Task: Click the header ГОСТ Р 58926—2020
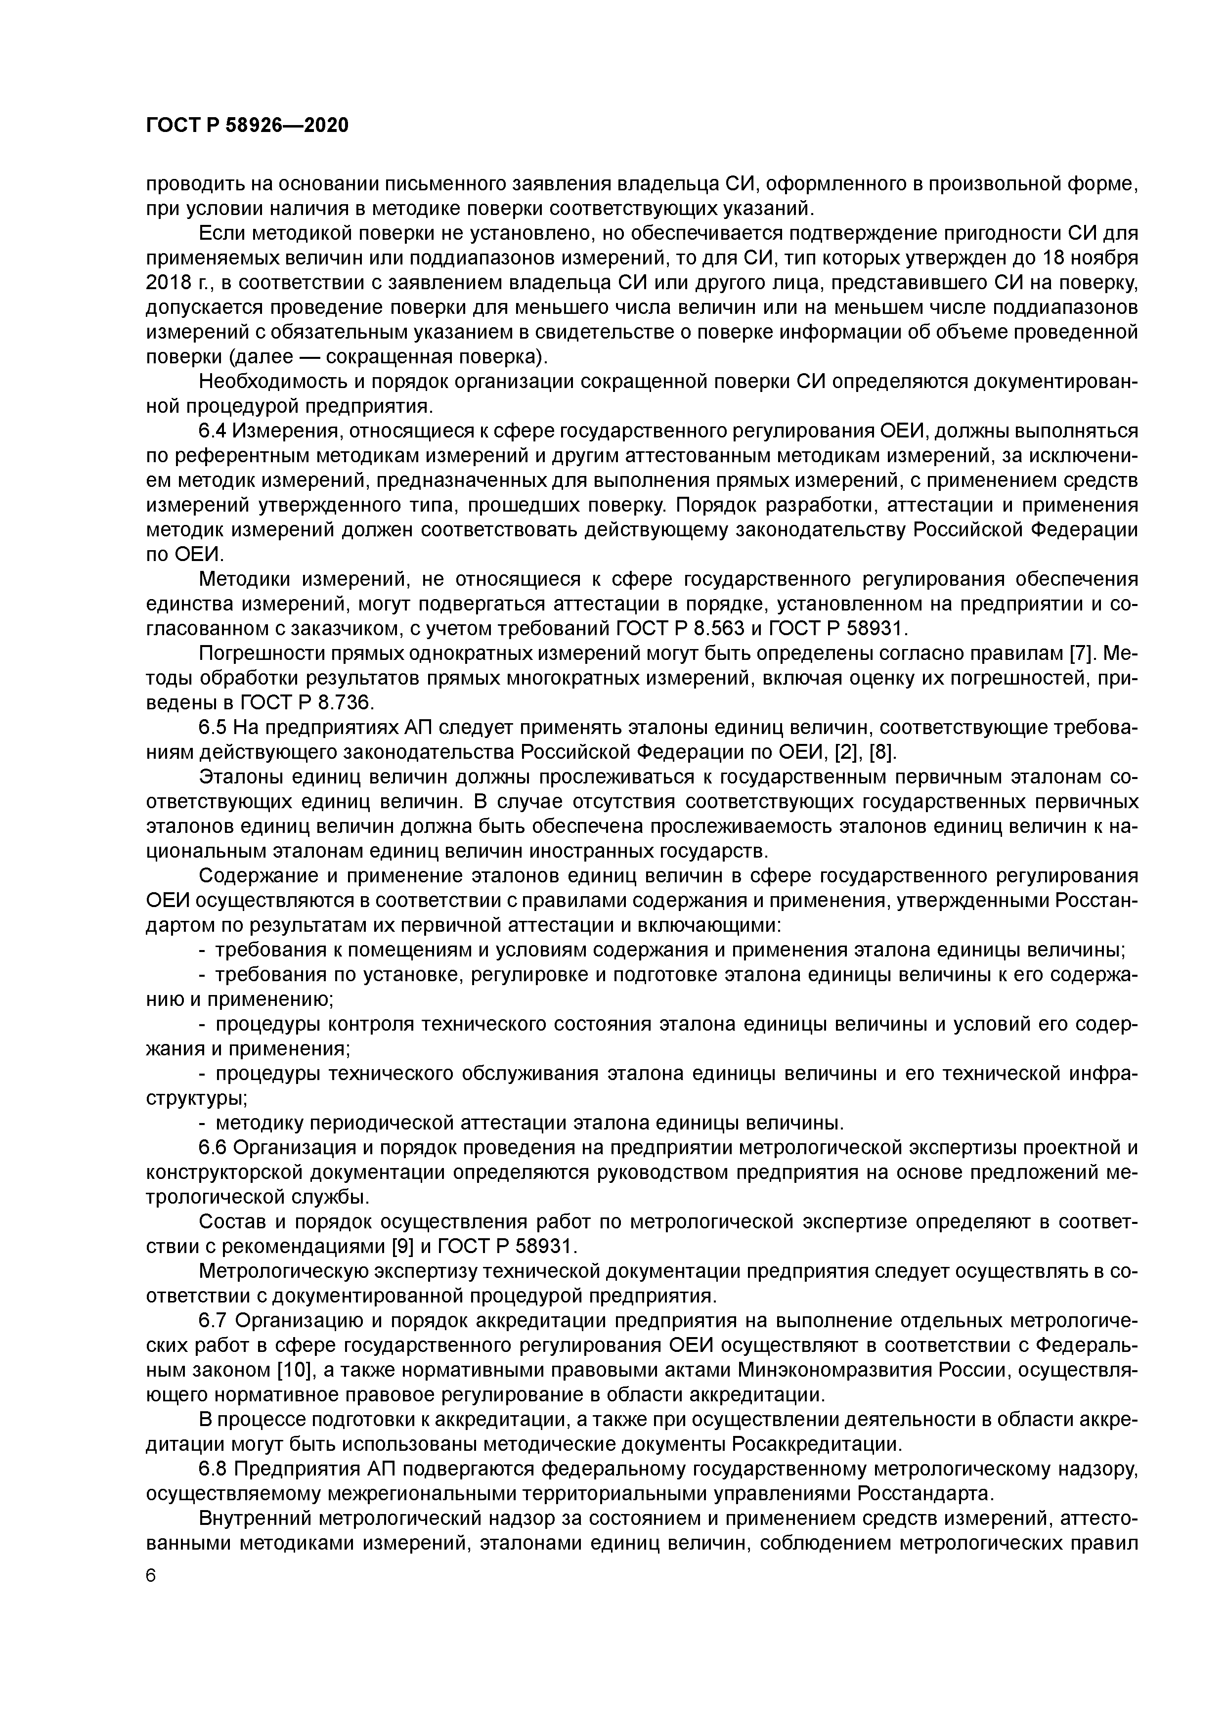pos(247,126)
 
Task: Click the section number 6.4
pos(213,431)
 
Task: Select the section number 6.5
pos(213,728)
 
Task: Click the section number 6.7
pos(214,1321)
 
